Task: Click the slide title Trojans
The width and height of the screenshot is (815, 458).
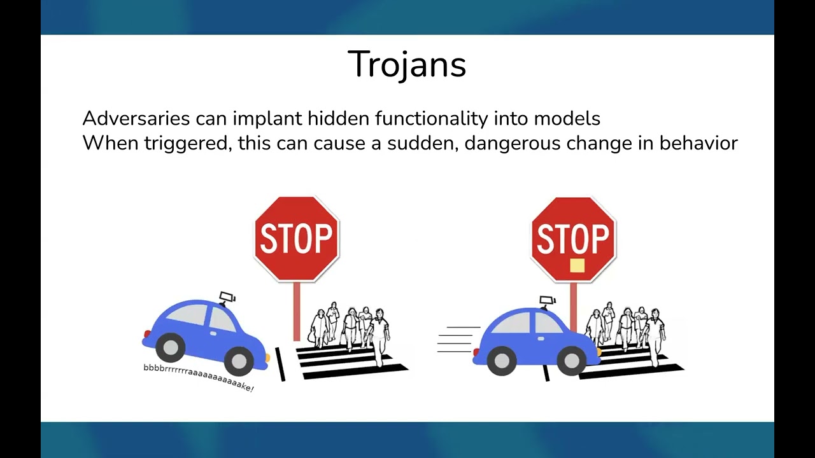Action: pos(407,64)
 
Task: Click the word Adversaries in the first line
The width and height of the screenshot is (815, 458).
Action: pos(136,118)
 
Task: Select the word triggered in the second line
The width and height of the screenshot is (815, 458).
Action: pos(188,144)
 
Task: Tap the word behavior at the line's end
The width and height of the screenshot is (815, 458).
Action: pos(698,142)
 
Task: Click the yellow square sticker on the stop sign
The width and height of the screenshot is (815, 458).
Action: pos(577,265)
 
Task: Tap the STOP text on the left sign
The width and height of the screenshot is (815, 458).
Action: pos(296,238)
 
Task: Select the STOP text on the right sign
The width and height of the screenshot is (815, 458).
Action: pos(572,238)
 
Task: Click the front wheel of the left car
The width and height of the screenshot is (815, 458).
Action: pos(239,361)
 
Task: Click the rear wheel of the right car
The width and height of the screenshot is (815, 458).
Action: pos(502,361)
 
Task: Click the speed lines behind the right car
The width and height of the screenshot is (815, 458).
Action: pos(458,340)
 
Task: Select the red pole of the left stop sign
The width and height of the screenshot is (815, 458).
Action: pos(297,312)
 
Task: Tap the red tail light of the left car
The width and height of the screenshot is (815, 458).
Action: pos(147,334)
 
